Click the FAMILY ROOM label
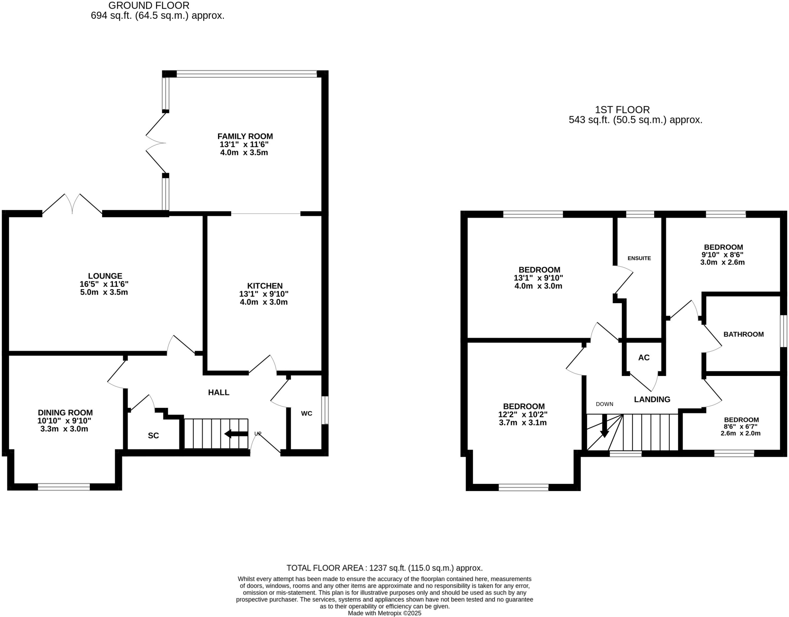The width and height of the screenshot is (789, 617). [245, 136]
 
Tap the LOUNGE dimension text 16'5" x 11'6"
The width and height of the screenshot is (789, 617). [105, 284]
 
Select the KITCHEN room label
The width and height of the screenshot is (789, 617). [265, 286]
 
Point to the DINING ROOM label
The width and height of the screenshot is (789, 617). [65, 413]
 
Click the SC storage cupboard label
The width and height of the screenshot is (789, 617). [153, 436]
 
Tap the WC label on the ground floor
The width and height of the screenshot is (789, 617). [306, 414]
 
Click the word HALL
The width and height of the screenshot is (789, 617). [218, 392]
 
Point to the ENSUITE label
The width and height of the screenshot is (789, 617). [639, 258]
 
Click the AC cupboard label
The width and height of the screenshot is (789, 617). [644, 358]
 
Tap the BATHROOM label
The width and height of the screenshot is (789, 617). [743, 334]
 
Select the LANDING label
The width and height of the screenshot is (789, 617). [652, 399]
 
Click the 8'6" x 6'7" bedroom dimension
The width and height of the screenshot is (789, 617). [741, 427]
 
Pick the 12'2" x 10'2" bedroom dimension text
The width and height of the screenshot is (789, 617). [523, 415]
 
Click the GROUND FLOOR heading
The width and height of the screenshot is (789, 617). [149, 6]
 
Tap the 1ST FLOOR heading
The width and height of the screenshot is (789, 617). [622, 110]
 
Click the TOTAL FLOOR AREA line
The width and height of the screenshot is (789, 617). [384, 568]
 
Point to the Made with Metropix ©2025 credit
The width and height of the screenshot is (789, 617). [384, 613]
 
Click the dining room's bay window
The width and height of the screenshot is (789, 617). [64, 487]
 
